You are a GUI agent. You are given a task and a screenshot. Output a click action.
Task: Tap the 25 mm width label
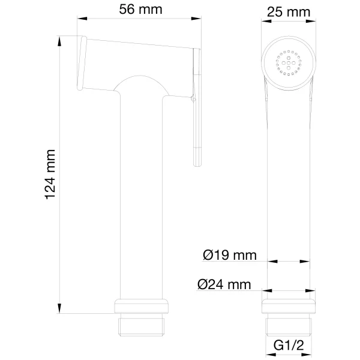[x=289, y=10]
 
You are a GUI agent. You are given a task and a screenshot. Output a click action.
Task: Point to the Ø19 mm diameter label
[x=229, y=256]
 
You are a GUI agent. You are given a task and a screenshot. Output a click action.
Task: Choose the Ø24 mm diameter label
[x=224, y=285]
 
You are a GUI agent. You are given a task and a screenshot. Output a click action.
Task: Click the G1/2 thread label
[x=289, y=346]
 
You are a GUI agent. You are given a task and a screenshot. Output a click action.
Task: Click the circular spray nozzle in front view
[x=289, y=62]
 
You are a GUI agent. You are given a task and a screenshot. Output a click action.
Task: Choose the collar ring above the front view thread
[x=289, y=305]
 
